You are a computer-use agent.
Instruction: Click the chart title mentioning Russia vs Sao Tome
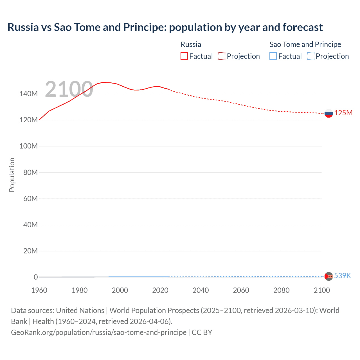coord(165,27)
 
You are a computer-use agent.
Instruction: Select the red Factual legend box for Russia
coord(184,56)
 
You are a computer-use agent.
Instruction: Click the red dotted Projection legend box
coord(222,56)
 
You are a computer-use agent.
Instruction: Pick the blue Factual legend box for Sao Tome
coord(273,56)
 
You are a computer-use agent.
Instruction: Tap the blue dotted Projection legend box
coord(310,56)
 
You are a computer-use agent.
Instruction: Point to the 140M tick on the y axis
coord(28,94)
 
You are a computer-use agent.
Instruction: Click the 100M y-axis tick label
coord(28,146)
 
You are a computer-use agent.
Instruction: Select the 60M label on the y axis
coord(30,199)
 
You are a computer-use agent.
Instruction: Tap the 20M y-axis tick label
coord(30,251)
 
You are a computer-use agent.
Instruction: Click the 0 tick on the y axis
coord(36,277)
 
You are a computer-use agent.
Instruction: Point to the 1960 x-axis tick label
coord(39,290)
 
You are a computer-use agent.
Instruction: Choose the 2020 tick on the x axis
coord(160,290)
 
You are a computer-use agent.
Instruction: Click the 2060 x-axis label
coord(241,290)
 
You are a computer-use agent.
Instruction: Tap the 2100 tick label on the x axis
coord(322,290)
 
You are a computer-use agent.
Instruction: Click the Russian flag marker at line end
coord(328,113)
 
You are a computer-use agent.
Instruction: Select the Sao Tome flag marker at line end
coord(328,276)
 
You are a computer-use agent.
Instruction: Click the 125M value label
coord(343,113)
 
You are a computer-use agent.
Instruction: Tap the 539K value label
coord(343,276)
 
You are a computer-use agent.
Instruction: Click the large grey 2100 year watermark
coord(69,89)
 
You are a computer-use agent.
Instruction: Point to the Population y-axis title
coord(12,175)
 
